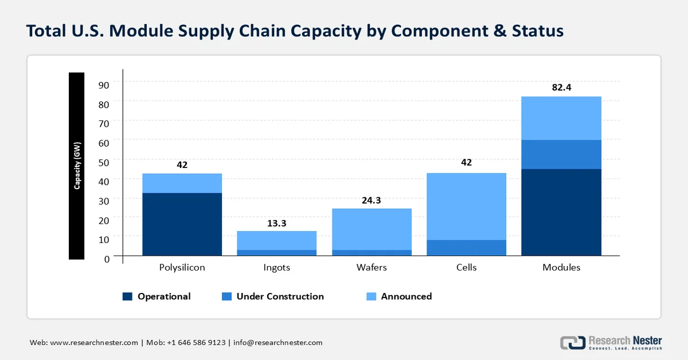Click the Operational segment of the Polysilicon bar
click(182, 224)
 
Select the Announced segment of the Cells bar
click(467, 206)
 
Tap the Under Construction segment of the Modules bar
click(561, 155)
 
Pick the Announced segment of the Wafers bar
click(372, 229)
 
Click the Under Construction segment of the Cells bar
click(467, 248)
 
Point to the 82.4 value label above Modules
click(561, 87)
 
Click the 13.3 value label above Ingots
click(277, 224)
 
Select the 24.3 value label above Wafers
click(372, 200)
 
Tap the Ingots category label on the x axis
click(277, 268)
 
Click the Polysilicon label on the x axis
click(182, 268)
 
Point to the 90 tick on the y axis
click(104, 85)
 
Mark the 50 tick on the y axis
click(104, 162)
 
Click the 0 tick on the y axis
click(107, 259)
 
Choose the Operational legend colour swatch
click(127, 296)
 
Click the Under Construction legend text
click(280, 296)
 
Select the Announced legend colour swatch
click(372, 296)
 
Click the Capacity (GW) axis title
click(77, 166)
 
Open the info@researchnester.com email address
click(278, 342)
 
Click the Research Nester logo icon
click(573, 343)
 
